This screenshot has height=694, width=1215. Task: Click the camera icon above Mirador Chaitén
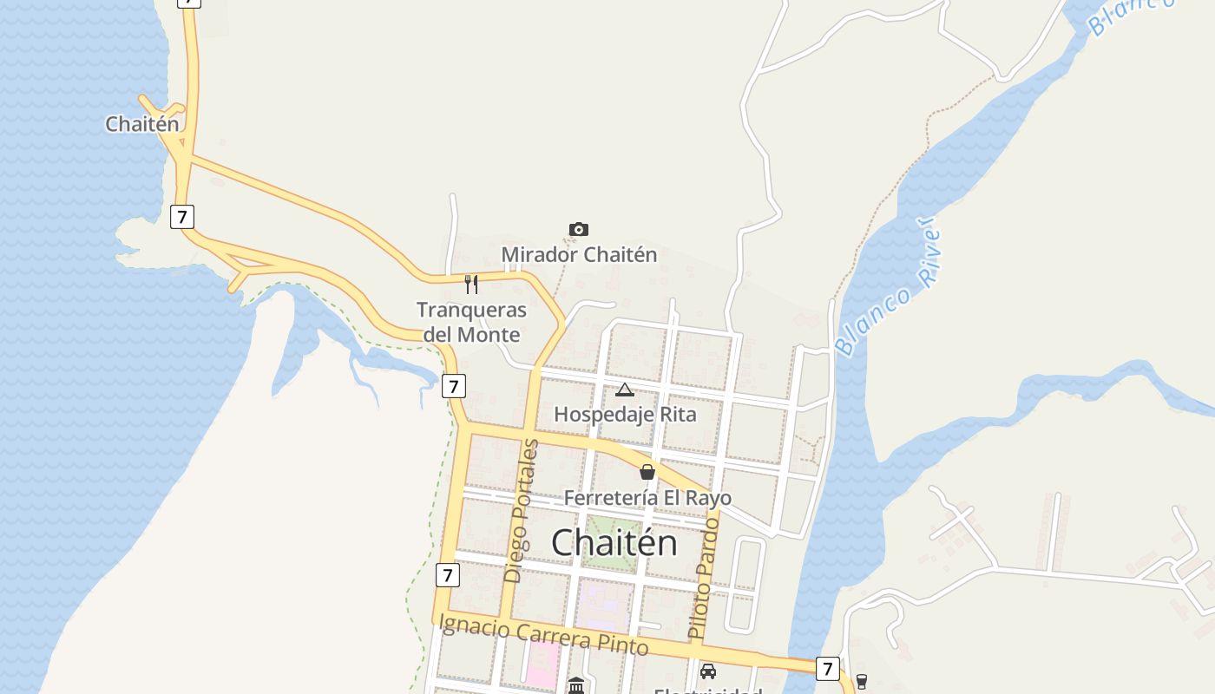(579, 229)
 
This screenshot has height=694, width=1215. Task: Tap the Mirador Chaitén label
(579, 255)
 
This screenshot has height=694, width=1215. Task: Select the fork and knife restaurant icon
(471, 284)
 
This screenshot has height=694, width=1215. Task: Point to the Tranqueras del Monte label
(471, 322)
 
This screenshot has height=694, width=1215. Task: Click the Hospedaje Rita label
(625, 415)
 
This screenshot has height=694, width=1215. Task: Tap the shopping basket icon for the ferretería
(647, 472)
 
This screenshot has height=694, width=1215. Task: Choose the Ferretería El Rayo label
(647, 498)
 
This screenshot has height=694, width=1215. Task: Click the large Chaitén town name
(614, 542)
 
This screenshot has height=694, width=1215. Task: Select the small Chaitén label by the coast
(142, 124)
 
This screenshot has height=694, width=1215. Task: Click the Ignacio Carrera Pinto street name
(544, 634)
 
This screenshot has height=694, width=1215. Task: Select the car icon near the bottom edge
(708, 671)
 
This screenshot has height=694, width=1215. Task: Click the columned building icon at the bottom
(576, 686)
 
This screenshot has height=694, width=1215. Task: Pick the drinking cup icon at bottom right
(861, 681)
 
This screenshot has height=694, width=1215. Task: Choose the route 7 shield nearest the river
(827, 669)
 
